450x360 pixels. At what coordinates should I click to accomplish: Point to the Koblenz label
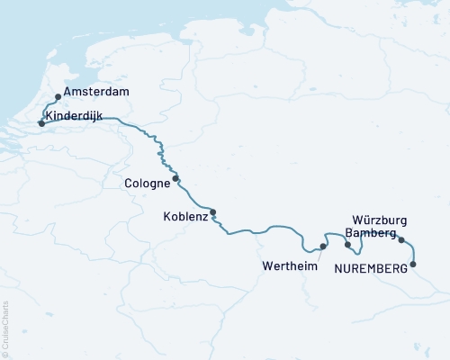tap(185, 216)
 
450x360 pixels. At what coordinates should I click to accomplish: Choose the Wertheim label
tap(290, 266)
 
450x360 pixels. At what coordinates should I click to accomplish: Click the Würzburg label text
tap(381, 220)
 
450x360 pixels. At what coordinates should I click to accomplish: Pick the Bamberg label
tap(371, 233)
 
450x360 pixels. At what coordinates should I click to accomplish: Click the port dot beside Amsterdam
tap(58, 96)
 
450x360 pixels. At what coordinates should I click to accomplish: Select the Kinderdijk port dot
tap(41, 123)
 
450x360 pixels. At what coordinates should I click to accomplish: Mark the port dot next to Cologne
tap(175, 178)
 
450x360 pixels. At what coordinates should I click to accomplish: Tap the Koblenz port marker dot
tap(213, 212)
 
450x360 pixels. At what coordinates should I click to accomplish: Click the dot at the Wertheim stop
tap(322, 246)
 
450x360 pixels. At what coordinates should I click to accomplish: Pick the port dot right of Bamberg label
tap(401, 239)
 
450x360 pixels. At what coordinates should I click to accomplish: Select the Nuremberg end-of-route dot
tap(413, 264)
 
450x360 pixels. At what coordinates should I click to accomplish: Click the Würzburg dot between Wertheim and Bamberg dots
tap(347, 244)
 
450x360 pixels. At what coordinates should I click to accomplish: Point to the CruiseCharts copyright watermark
tap(6, 328)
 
